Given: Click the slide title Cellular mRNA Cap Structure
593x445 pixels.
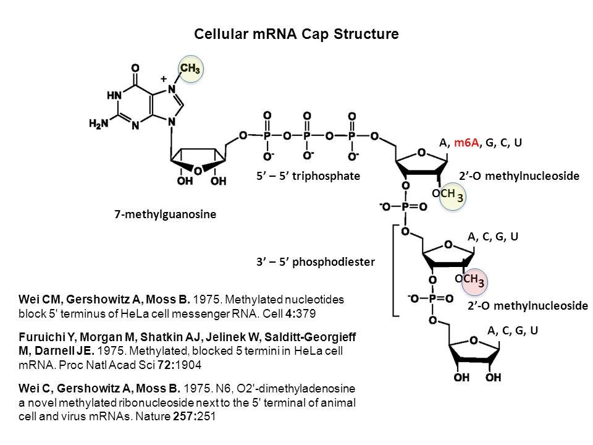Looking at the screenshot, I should [x=296, y=34].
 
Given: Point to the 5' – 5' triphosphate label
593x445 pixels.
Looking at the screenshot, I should [x=308, y=176].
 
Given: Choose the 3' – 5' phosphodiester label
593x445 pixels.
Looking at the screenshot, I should [x=316, y=261].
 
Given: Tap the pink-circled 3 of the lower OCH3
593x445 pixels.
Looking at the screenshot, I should [x=481, y=282].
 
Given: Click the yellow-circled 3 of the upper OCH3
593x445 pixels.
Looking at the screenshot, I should [x=460, y=198].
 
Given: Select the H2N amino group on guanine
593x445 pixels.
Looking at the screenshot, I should [x=99, y=124].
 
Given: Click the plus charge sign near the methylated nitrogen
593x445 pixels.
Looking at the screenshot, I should [x=164, y=79].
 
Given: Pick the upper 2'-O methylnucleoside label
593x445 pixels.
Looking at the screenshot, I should [x=519, y=176].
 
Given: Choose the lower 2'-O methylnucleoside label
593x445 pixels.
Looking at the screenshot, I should [x=528, y=305].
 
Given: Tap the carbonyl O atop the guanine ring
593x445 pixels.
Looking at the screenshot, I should [x=135, y=68].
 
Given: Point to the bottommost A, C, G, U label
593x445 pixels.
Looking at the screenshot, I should [x=512, y=331].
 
